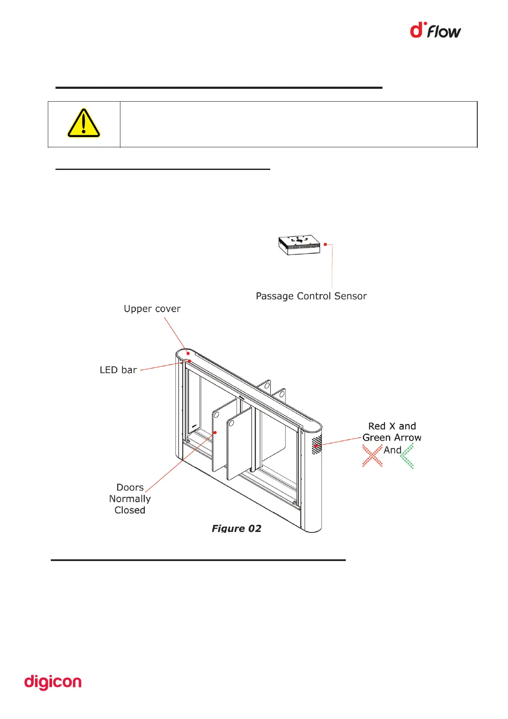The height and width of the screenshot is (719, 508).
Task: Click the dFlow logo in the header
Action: click(x=435, y=31)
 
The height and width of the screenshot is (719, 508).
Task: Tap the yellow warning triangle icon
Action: click(x=84, y=123)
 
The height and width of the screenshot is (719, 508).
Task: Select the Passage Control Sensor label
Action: click(x=311, y=296)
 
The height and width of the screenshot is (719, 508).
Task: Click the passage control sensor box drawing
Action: click(x=299, y=245)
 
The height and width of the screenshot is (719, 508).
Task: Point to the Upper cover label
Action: click(x=152, y=309)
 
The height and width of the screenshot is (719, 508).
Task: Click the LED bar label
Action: click(x=118, y=370)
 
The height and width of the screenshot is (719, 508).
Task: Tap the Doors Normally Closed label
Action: click(x=130, y=499)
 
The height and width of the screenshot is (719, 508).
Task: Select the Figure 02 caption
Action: click(x=236, y=529)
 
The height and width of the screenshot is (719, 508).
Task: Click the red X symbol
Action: click(x=372, y=456)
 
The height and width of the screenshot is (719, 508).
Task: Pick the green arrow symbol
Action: click(x=407, y=456)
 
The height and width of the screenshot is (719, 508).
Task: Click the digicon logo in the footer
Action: click(x=53, y=683)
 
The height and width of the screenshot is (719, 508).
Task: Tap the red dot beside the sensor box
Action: click(x=325, y=244)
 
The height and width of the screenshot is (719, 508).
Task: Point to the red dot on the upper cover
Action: click(x=188, y=354)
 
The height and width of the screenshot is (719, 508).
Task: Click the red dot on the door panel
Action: click(x=215, y=433)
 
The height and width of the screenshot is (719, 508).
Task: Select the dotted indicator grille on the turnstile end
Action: click(x=316, y=445)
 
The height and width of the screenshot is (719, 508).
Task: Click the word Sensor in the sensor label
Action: click(x=350, y=296)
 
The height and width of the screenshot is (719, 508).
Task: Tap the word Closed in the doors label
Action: click(x=130, y=510)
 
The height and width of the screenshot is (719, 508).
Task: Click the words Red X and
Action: click(x=392, y=426)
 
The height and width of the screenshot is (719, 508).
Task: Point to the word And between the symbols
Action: click(x=392, y=450)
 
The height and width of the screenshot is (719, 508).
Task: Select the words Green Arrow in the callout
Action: click(x=392, y=438)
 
